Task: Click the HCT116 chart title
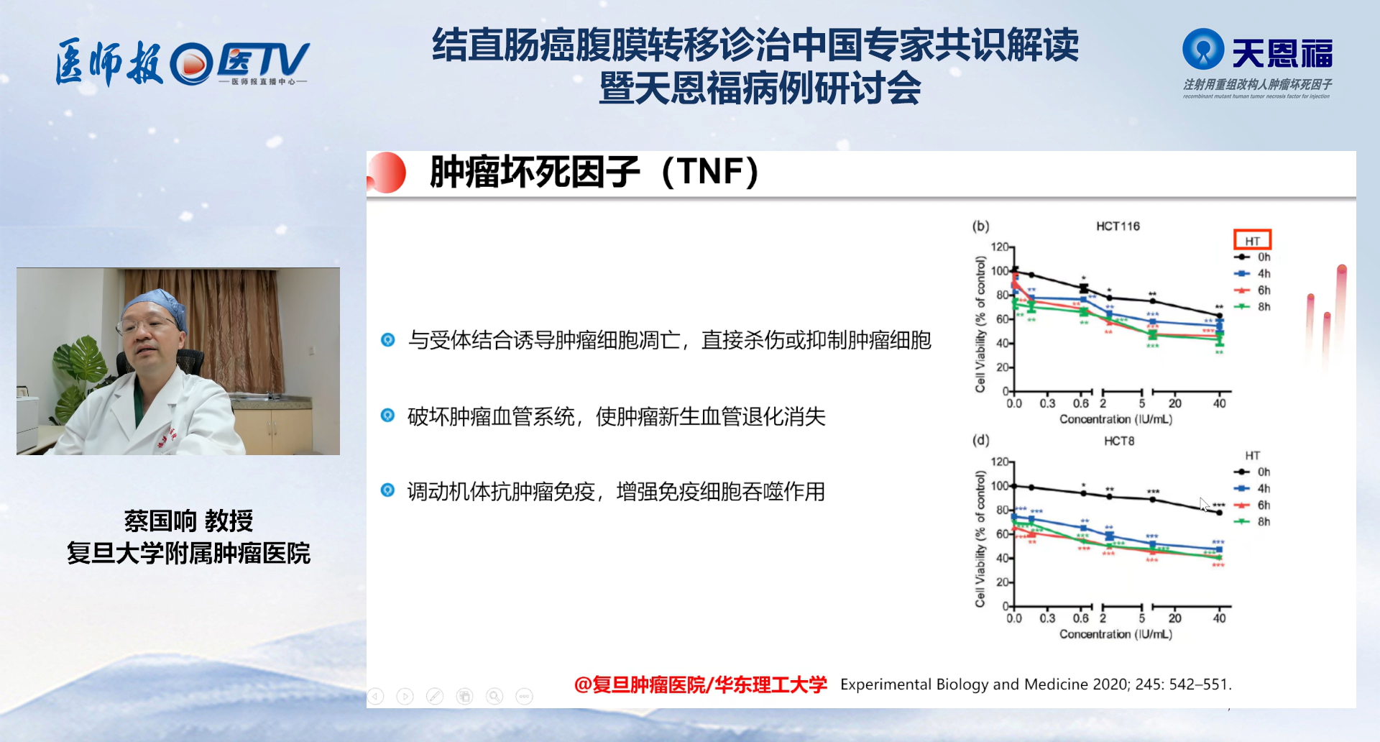1118,226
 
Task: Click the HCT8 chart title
1119,441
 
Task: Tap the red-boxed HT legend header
1253,239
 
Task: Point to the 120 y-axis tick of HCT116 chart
1000,247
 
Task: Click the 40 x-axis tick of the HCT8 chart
1220,618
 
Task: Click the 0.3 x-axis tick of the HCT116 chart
1047,403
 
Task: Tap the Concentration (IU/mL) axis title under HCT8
1115,634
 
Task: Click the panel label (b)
980,226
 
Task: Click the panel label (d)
980,440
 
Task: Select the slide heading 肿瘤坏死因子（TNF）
594,172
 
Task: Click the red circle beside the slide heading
388,173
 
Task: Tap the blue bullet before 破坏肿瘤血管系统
387,415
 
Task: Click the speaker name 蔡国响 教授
188,520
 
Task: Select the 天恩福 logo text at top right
1282,53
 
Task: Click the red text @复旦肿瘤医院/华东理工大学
700,684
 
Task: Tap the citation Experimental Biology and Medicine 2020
1036,684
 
